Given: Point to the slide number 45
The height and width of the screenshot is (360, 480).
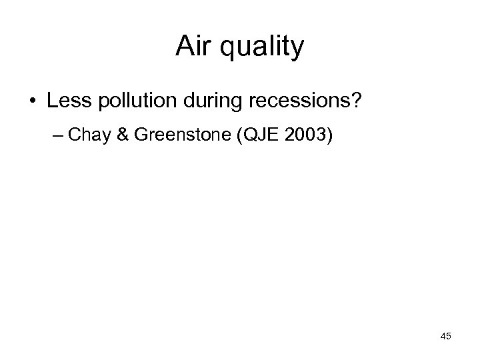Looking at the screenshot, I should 445,336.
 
